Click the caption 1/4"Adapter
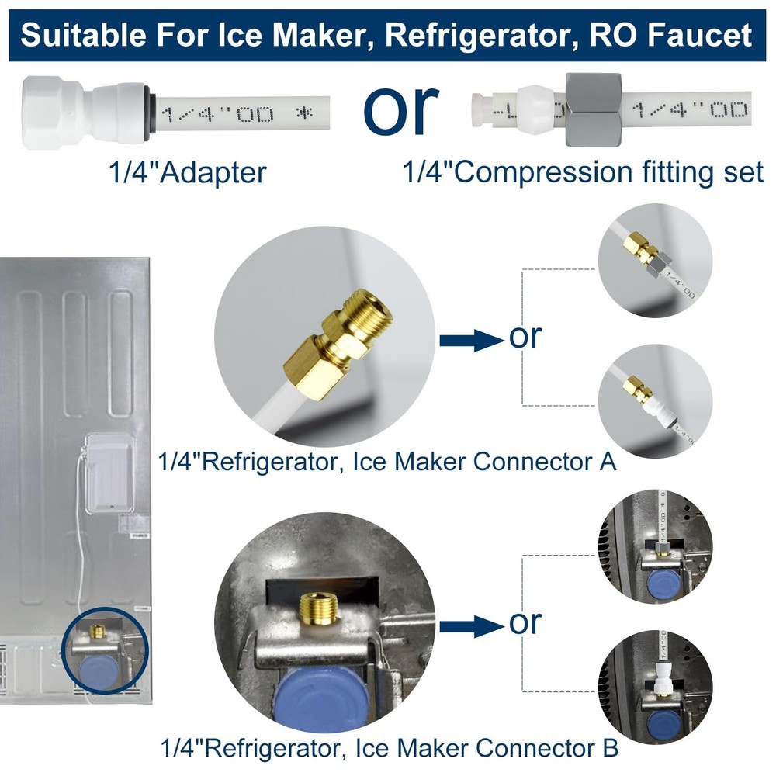pyautogui.click(x=187, y=172)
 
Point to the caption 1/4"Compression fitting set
pyautogui.click(x=583, y=172)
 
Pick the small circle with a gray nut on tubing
pyautogui.click(x=655, y=261)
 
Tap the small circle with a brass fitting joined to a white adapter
pyautogui.click(x=655, y=401)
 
